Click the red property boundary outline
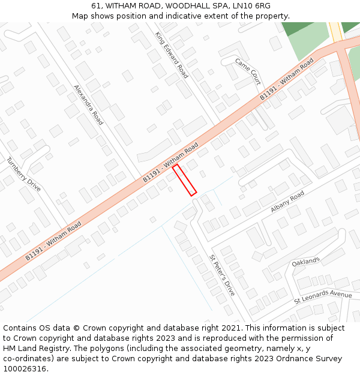184,180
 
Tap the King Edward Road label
171,55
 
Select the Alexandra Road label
89,104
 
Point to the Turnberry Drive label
24,174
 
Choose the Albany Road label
287,202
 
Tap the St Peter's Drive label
222,275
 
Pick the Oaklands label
306,262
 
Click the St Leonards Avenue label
323,296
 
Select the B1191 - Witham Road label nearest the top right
287,80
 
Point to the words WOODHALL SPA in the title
196,6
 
